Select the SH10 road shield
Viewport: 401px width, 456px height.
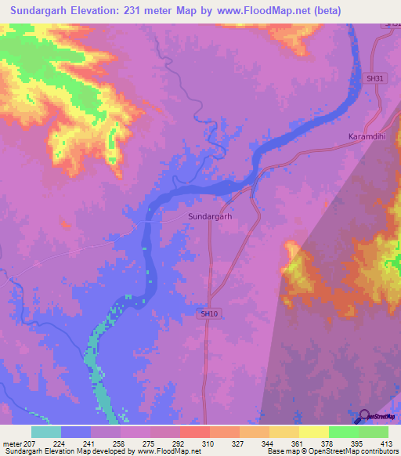(x=208, y=313)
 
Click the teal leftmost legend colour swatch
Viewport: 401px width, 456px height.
(x=46, y=432)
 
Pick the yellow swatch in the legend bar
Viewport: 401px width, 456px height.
(x=313, y=432)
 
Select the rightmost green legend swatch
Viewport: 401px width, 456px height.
(x=373, y=432)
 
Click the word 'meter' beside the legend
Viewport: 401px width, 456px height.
(x=12, y=443)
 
